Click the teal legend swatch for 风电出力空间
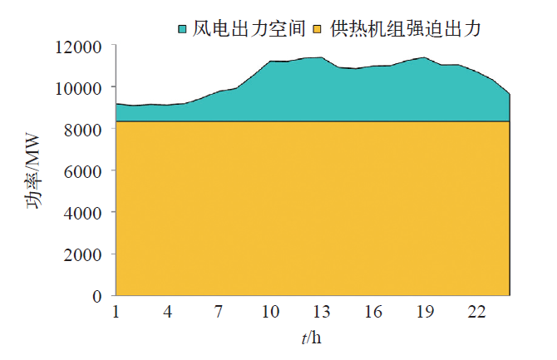pyautogui.click(x=182, y=30)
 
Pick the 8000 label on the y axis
pyautogui.click(x=82, y=130)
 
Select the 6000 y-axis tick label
pyautogui.click(x=82, y=171)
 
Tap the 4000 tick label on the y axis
pyautogui.click(x=82, y=213)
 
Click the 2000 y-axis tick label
pyautogui.click(x=82, y=254)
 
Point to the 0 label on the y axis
pyautogui.click(x=97, y=296)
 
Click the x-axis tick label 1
pyautogui.click(x=116, y=313)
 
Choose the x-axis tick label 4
pyautogui.click(x=168, y=313)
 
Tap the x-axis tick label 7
pyautogui.click(x=219, y=313)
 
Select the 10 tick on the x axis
pyautogui.click(x=270, y=313)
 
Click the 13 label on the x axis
pyautogui.click(x=322, y=313)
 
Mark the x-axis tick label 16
pyautogui.click(x=373, y=313)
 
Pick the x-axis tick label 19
pyautogui.click(x=425, y=313)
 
